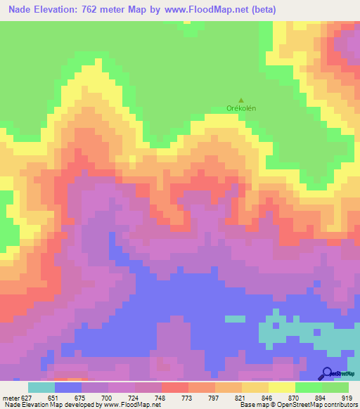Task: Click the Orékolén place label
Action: [240, 108]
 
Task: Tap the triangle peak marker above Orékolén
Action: [241, 100]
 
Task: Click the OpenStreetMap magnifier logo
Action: [326, 373]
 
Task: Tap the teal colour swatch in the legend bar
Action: [41, 387]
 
